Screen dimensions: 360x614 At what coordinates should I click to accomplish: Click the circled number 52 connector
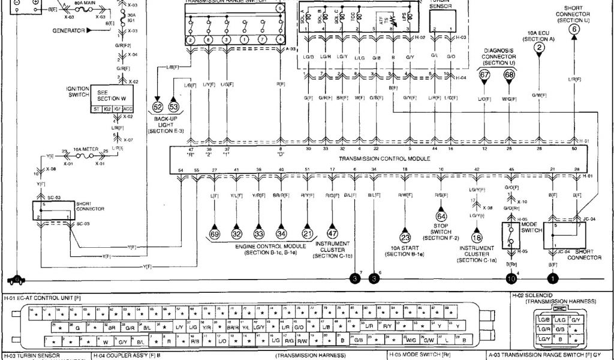click(x=158, y=106)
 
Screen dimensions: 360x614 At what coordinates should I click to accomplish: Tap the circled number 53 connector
click(x=174, y=106)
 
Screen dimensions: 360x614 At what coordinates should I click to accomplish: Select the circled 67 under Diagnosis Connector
click(x=484, y=75)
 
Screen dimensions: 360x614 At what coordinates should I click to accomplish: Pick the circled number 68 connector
click(x=509, y=75)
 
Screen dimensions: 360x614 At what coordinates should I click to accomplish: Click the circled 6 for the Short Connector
click(x=574, y=29)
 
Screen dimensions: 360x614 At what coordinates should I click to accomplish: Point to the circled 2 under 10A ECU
click(x=540, y=47)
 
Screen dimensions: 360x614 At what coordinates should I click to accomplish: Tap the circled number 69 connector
click(x=214, y=234)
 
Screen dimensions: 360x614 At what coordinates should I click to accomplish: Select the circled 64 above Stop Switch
click(x=441, y=216)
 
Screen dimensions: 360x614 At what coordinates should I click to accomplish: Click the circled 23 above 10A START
click(x=405, y=237)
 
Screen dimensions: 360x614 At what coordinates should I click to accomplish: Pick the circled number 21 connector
click(x=308, y=234)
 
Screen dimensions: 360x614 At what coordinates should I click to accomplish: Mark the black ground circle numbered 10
click(x=511, y=278)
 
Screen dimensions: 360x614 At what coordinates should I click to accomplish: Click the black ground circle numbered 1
click(x=552, y=278)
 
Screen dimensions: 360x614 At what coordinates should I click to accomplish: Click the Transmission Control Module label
click(x=384, y=159)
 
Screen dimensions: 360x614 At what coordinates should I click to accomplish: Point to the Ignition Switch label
click(x=78, y=92)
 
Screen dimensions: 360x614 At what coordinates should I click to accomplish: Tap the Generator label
click(x=68, y=30)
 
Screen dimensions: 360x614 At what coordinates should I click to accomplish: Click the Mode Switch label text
click(x=528, y=227)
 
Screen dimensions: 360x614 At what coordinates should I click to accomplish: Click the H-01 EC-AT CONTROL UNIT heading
click(x=42, y=297)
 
